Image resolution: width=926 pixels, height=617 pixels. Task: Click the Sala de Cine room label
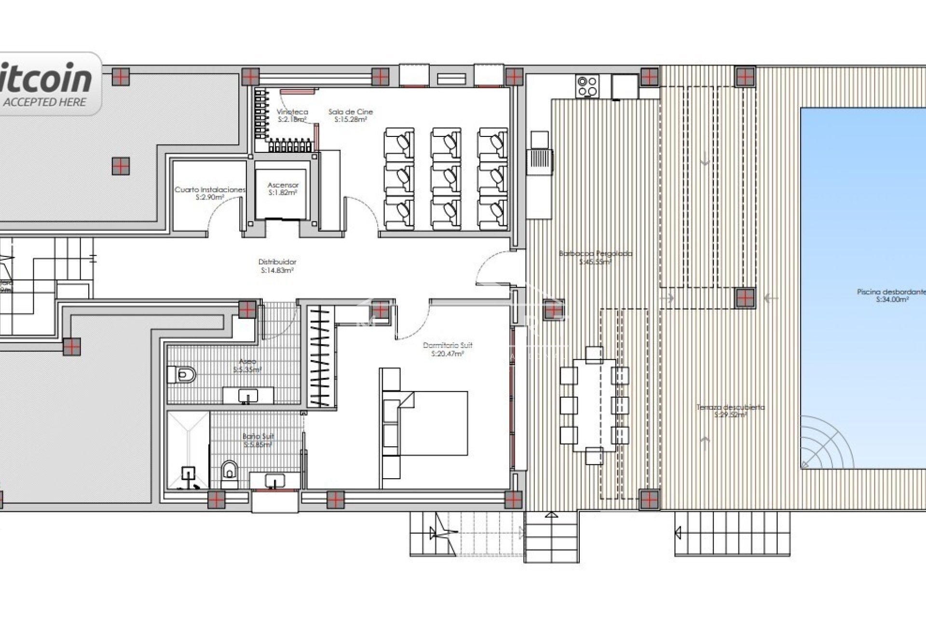coord(351,115)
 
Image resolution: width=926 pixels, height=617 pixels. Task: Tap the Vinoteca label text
coord(292,115)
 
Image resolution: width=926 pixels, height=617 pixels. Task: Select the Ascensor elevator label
coord(283,188)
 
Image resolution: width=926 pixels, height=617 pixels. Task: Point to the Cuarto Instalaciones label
coord(210,193)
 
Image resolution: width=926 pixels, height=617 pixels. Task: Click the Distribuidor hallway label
coord(277,266)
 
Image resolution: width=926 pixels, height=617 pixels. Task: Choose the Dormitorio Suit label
coord(448,349)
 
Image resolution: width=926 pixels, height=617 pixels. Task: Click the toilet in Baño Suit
coord(230,470)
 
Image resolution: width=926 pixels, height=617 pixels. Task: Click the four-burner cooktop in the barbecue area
coord(587,86)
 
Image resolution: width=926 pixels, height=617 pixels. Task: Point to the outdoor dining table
coord(595,405)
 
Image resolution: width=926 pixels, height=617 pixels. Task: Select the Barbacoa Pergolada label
coord(595,257)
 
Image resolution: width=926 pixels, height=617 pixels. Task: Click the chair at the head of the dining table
coord(594,354)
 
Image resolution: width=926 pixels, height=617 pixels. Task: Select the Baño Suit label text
coord(259,440)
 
